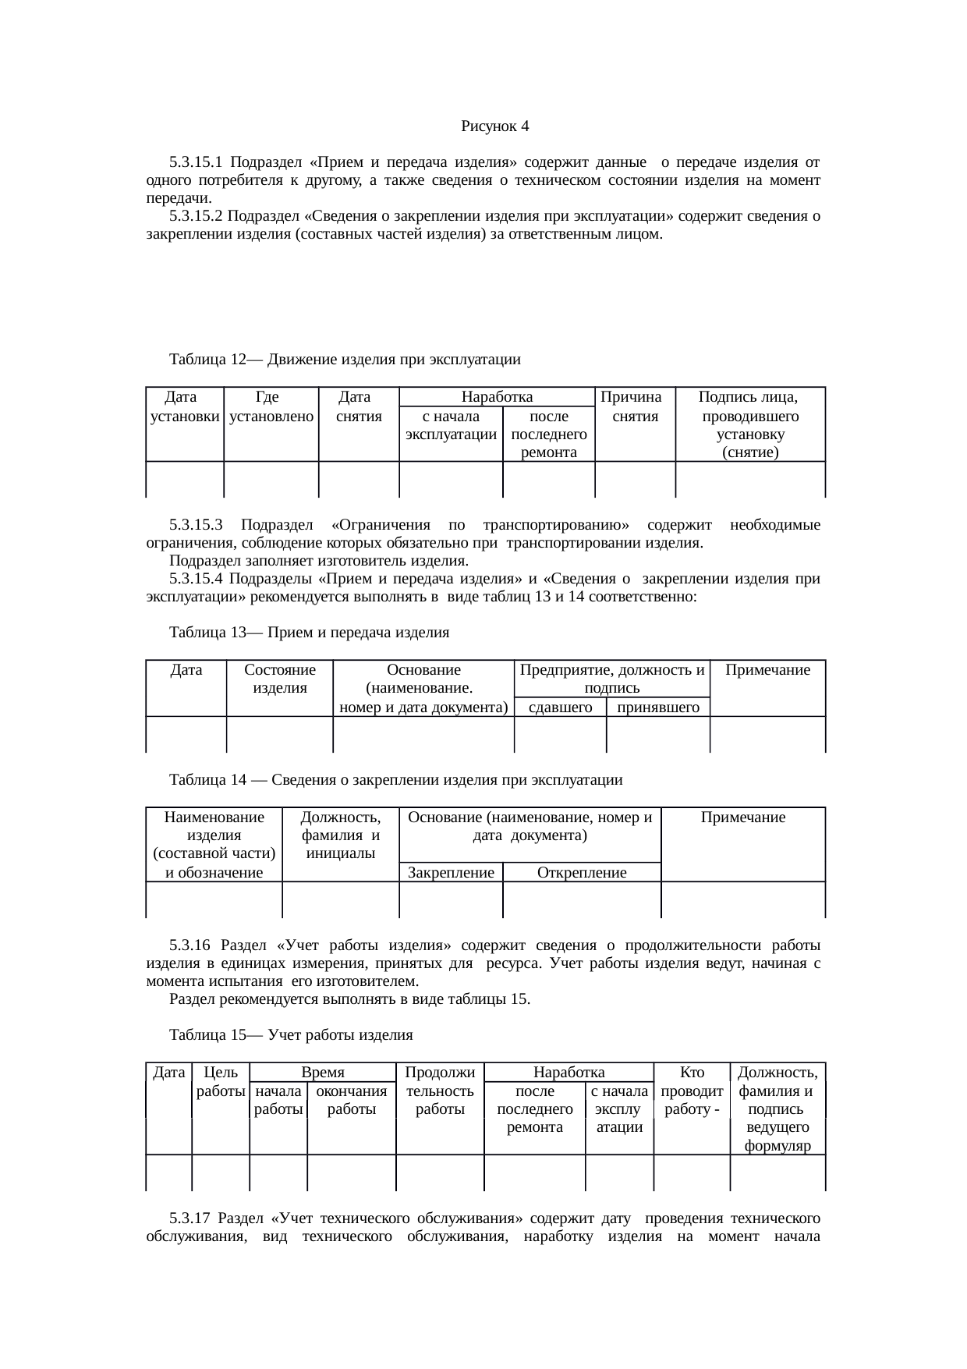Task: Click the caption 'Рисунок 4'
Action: [494, 126]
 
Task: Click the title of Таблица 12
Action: [344, 360]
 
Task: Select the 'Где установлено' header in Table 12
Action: [271, 406]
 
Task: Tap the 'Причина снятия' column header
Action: [635, 406]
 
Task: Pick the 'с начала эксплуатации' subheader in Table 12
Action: [451, 425]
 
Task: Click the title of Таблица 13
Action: [309, 633]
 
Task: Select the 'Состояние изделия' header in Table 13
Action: [279, 679]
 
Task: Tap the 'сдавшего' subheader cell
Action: [560, 708]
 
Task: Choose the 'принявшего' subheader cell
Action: [657, 708]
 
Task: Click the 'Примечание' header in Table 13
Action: [767, 670]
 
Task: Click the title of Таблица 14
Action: [395, 780]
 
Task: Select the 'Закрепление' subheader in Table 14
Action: [451, 873]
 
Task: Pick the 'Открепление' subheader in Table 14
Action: [582, 873]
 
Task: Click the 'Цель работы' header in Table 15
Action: [220, 1082]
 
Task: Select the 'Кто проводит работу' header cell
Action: [692, 1091]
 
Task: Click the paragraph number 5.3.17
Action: [190, 1218]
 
